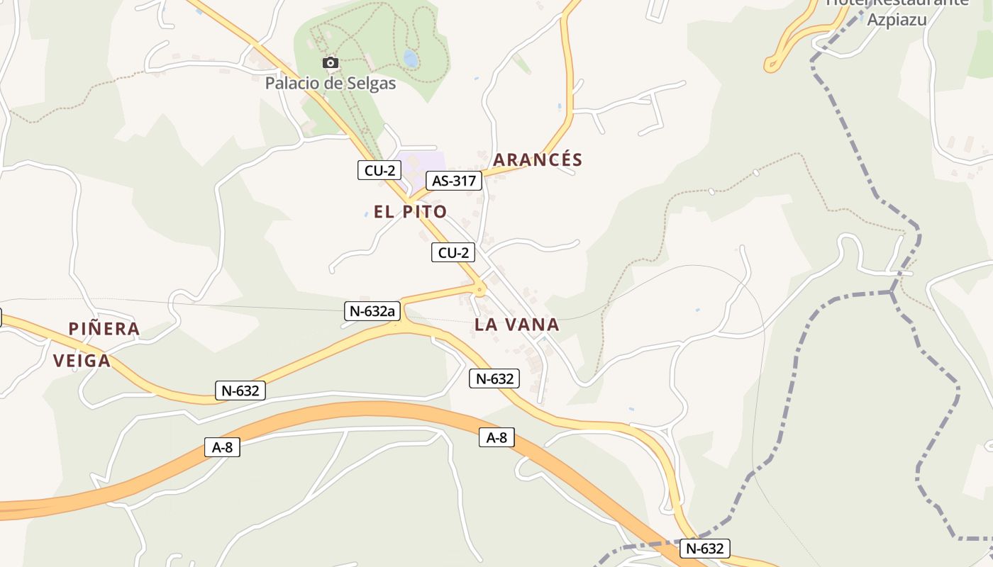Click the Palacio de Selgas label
(330, 83)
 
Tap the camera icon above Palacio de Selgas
(330, 63)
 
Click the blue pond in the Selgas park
(411, 58)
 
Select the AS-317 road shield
(454, 181)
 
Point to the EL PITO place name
(410, 211)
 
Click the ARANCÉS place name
(537, 160)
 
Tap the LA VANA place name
(516, 325)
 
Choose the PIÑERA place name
(104, 329)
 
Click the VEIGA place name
(82, 361)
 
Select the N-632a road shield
(372, 310)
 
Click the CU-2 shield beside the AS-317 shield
(379, 170)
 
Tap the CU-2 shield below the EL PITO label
(453, 252)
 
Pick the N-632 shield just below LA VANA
(494, 378)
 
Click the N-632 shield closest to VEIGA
(240, 390)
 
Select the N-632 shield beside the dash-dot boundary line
(704, 548)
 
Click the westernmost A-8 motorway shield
(222, 447)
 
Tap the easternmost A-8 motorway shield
(496, 437)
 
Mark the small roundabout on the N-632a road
(480, 289)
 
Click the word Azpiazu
(897, 19)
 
